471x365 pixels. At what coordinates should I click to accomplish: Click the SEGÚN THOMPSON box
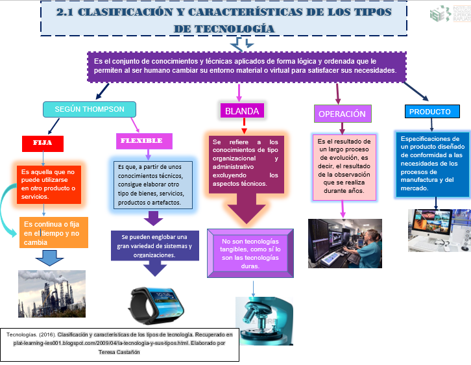(89, 109)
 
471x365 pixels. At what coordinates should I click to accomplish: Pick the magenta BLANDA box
(243, 111)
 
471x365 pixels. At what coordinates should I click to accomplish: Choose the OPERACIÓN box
(342, 114)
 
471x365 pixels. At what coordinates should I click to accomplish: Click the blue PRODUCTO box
(429, 112)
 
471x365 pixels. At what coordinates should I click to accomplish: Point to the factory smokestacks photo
(51, 293)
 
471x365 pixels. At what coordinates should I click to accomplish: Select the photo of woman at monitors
(344, 243)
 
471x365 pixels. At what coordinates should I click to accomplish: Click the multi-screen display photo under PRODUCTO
(439, 230)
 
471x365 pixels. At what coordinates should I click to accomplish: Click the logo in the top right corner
(449, 14)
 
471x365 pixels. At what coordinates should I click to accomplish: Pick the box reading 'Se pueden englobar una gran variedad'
(154, 245)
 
